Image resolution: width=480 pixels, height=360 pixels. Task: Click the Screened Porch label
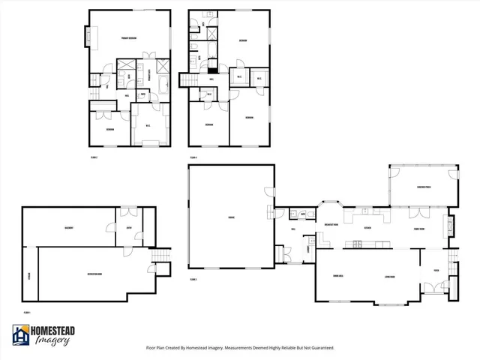423,187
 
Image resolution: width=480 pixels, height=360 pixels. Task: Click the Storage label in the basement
29,274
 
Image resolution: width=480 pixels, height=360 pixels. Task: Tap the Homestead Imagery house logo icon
19,335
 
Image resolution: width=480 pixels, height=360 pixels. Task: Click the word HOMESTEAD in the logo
52,331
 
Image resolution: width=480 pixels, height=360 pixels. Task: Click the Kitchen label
367,227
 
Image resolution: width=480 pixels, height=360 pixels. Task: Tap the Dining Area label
338,277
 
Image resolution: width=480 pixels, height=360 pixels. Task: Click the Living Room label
389,277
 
